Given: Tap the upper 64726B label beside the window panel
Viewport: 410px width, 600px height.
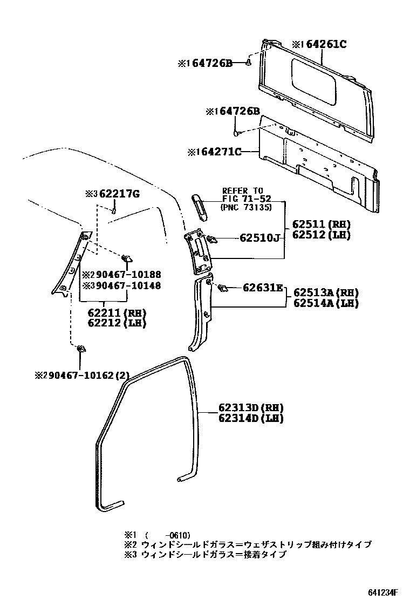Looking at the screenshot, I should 209,64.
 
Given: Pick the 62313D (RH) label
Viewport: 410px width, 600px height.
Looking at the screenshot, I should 251,408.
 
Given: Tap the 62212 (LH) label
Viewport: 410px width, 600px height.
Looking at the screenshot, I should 117,323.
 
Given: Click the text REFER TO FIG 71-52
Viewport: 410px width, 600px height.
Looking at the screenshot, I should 242,195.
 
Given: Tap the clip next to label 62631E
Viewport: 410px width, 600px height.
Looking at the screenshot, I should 222,288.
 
